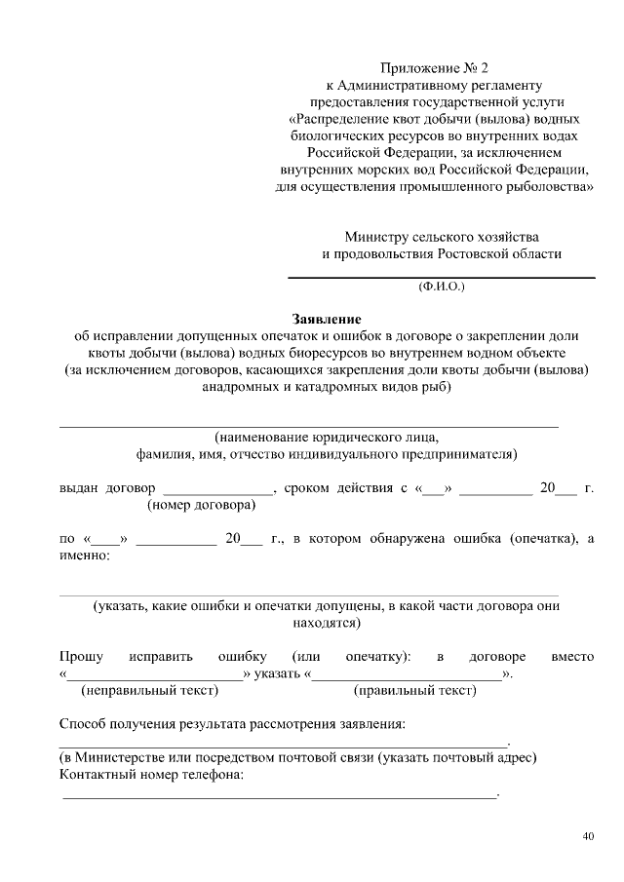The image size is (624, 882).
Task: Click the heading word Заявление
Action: [x=327, y=319]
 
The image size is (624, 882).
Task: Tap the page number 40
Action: [x=587, y=836]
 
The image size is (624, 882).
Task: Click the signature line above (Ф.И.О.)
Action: [x=441, y=278]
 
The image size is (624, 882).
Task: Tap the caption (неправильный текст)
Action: [x=149, y=690]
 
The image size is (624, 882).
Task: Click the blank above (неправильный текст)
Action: [x=154, y=675]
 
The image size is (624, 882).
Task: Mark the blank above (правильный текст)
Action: [x=408, y=675]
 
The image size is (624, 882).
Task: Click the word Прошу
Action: [x=82, y=657]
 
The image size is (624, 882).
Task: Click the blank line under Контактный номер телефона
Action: [x=279, y=796]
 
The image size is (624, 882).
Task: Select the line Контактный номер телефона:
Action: [x=151, y=775]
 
